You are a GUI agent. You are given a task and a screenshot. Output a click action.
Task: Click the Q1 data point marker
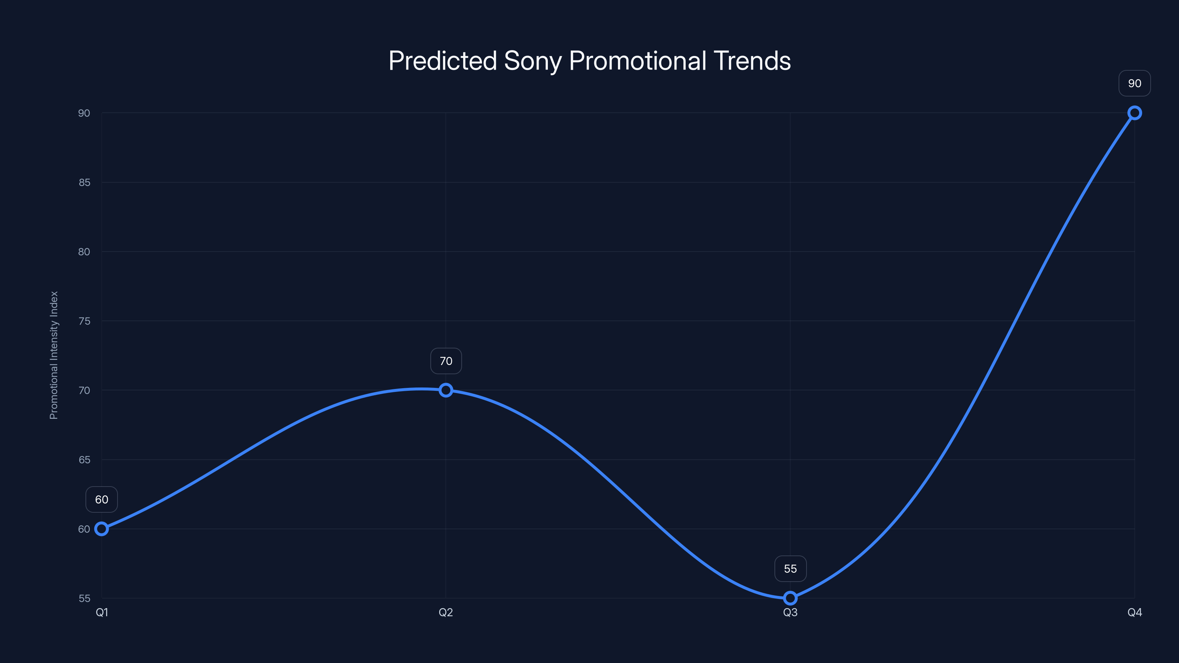coord(102,529)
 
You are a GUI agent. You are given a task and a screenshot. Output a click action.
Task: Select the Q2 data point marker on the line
coord(446,390)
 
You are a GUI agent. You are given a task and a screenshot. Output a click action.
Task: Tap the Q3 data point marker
coord(790,598)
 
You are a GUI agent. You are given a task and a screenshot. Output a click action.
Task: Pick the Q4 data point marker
coord(1135,113)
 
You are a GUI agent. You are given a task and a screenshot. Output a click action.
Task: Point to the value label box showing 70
coord(446,361)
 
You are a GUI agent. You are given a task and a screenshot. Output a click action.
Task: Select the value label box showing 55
coord(790,569)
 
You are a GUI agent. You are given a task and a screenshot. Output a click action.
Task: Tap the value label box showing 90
coord(1135,83)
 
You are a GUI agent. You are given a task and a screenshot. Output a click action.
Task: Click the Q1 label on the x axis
coord(102,612)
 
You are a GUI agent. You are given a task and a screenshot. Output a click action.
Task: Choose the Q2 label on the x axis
coord(446,612)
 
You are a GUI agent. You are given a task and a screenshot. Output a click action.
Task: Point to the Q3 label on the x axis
coord(790,612)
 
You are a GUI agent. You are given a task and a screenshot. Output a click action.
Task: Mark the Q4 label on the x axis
coord(1135,612)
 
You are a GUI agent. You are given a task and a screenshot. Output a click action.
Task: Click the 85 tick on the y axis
coord(84,183)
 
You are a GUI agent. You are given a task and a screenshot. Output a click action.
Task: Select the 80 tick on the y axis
coord(84,252)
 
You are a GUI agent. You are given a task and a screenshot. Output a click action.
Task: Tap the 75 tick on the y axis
coord(84,321)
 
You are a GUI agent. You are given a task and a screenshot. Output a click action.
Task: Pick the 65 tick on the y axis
coord(84,460)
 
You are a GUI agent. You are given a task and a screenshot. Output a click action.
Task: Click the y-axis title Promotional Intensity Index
coord(54,355)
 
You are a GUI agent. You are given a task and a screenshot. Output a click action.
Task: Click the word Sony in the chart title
coord(532,61)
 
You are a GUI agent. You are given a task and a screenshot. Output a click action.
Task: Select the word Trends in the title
coord(752,60)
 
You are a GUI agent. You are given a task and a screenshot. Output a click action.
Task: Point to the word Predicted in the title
coord(442,60)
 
